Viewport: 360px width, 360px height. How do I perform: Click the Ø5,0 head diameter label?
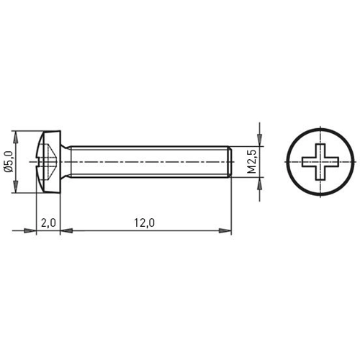pyautogui.click(x=9, y=162)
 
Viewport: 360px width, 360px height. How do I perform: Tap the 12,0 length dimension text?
pyautogui.click(x=145, y=223)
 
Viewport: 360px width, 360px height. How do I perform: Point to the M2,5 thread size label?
pyautogui.click(x=253, y=162)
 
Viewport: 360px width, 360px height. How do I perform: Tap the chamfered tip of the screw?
pyautogui.click(x=229, y=162)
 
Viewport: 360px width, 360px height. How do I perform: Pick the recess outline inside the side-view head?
pyautogui.click(x=47, y=162)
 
